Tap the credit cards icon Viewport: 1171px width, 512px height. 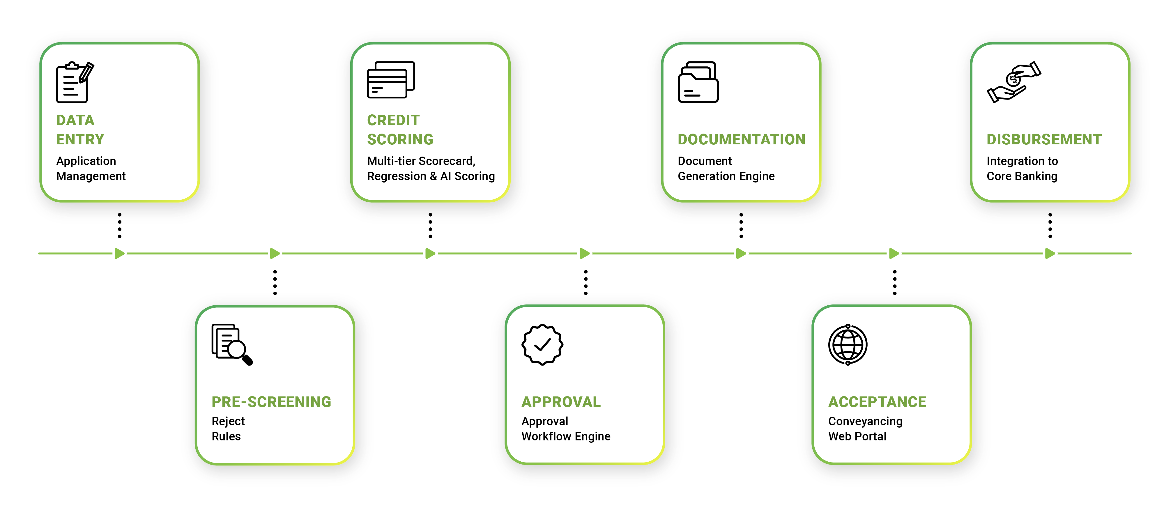tap(390, 80)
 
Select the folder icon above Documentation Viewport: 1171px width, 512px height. tap(698, 82)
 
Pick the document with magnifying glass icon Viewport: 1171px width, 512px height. tap(231, 344)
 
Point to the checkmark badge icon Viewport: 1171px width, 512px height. tap(542, 344)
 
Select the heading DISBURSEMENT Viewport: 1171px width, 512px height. tap(1044, 139)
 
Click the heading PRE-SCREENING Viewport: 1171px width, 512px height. tap(271, 402)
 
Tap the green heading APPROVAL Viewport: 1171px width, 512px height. tap(561, 402)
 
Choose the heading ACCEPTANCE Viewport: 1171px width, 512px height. tap(877, 402)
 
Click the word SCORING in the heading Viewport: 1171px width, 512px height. tap(400, 139)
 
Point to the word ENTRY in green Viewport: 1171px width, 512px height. tap(80, 139)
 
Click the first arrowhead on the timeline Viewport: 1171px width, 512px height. tap(119, 254)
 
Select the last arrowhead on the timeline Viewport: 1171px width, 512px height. tap(1049, 254)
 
